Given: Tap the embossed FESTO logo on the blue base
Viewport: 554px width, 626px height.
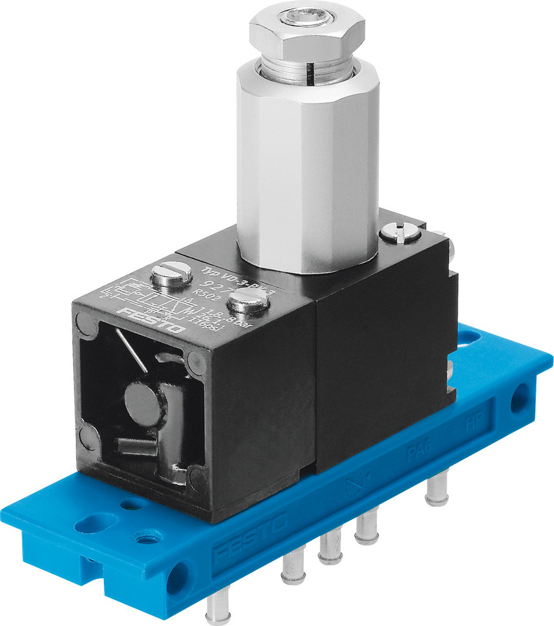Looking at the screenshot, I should click(250, 537).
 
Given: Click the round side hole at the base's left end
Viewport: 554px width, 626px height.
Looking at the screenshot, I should click(175, 573).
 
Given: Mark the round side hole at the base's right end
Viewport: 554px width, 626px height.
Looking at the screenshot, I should click(518, 400).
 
